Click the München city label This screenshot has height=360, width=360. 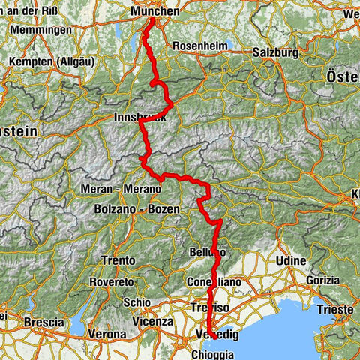tap(154, 11)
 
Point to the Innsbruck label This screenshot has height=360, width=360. tap(136, 118)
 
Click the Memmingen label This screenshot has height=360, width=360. tap(42, 30)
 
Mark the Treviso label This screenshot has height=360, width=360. tap(208, 307)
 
